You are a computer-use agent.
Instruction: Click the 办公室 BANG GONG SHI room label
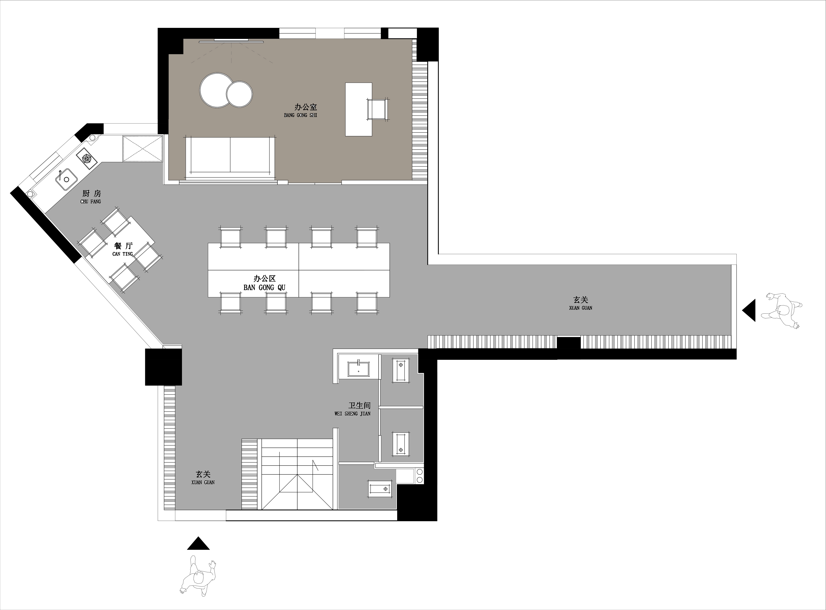[x=300, y=110]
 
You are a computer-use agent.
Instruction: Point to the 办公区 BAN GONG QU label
[x=264, y=283]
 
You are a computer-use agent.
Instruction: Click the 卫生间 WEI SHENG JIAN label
[x=353, y=409]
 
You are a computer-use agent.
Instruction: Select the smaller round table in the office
[x=240, y=94]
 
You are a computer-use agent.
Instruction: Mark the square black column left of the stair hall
[x=163, y=367]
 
